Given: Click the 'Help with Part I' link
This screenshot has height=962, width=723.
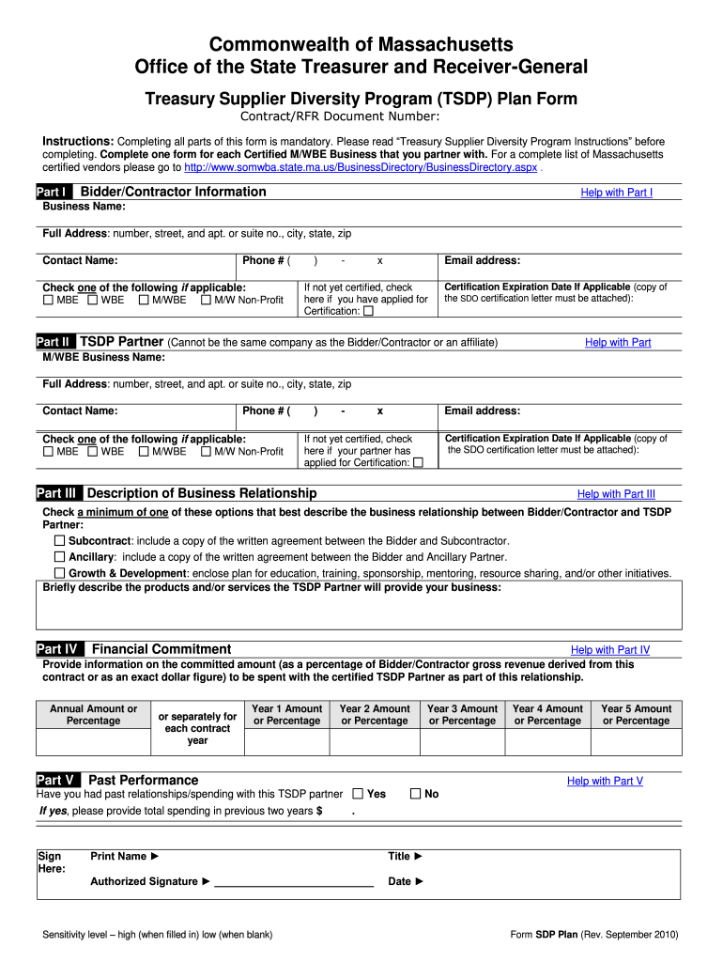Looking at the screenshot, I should (616, 193).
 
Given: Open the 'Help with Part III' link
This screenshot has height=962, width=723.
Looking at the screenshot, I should (616, 494).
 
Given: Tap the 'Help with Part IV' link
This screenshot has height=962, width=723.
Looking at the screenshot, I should (609, 650).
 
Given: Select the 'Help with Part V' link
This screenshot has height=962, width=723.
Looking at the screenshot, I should (605, 782).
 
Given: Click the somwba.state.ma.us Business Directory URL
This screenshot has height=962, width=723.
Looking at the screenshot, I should (361, 166).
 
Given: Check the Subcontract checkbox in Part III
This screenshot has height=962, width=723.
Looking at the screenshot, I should (60, 541).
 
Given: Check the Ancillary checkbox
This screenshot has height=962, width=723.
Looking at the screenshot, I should (60, 557).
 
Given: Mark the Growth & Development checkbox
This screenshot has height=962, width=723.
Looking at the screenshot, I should (60, 573).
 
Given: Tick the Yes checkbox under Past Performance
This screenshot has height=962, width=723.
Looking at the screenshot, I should (358, 794).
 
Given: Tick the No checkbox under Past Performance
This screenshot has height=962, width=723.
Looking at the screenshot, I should (416, 794).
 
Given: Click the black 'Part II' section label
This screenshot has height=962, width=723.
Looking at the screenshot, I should (54, 342).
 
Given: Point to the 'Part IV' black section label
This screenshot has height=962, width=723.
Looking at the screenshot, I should (58, 649).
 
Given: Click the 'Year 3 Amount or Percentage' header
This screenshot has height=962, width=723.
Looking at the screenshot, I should (462, 715).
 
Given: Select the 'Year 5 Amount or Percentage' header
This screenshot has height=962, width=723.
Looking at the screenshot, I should (636, 715).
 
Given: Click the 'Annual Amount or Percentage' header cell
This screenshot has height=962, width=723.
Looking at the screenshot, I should (93, 715).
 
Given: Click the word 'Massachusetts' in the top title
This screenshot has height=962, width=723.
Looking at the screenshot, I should (436, 44).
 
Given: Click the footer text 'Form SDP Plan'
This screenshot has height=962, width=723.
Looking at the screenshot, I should (544, 936).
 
